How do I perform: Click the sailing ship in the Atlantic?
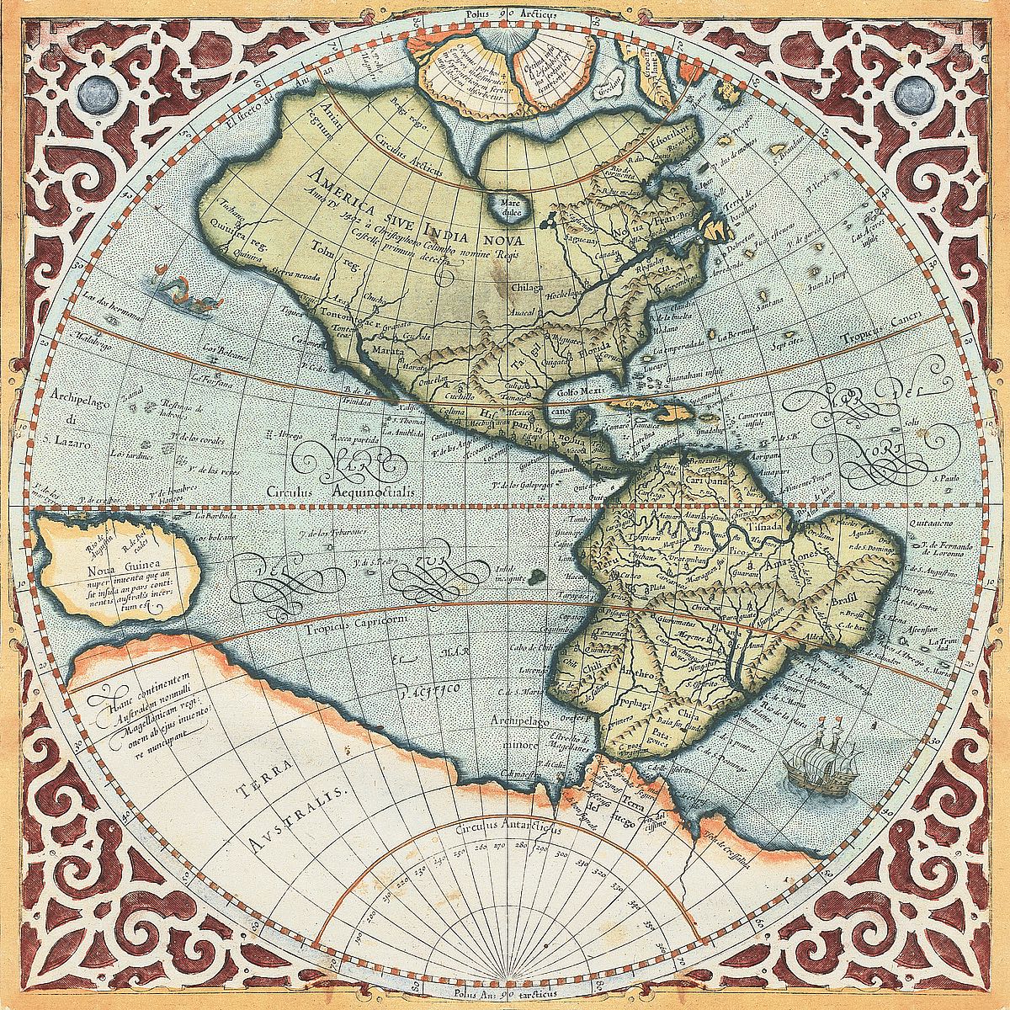pos(811,755)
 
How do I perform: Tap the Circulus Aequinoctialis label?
pos(355,489)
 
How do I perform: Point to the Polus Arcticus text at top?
pos(506,13)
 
